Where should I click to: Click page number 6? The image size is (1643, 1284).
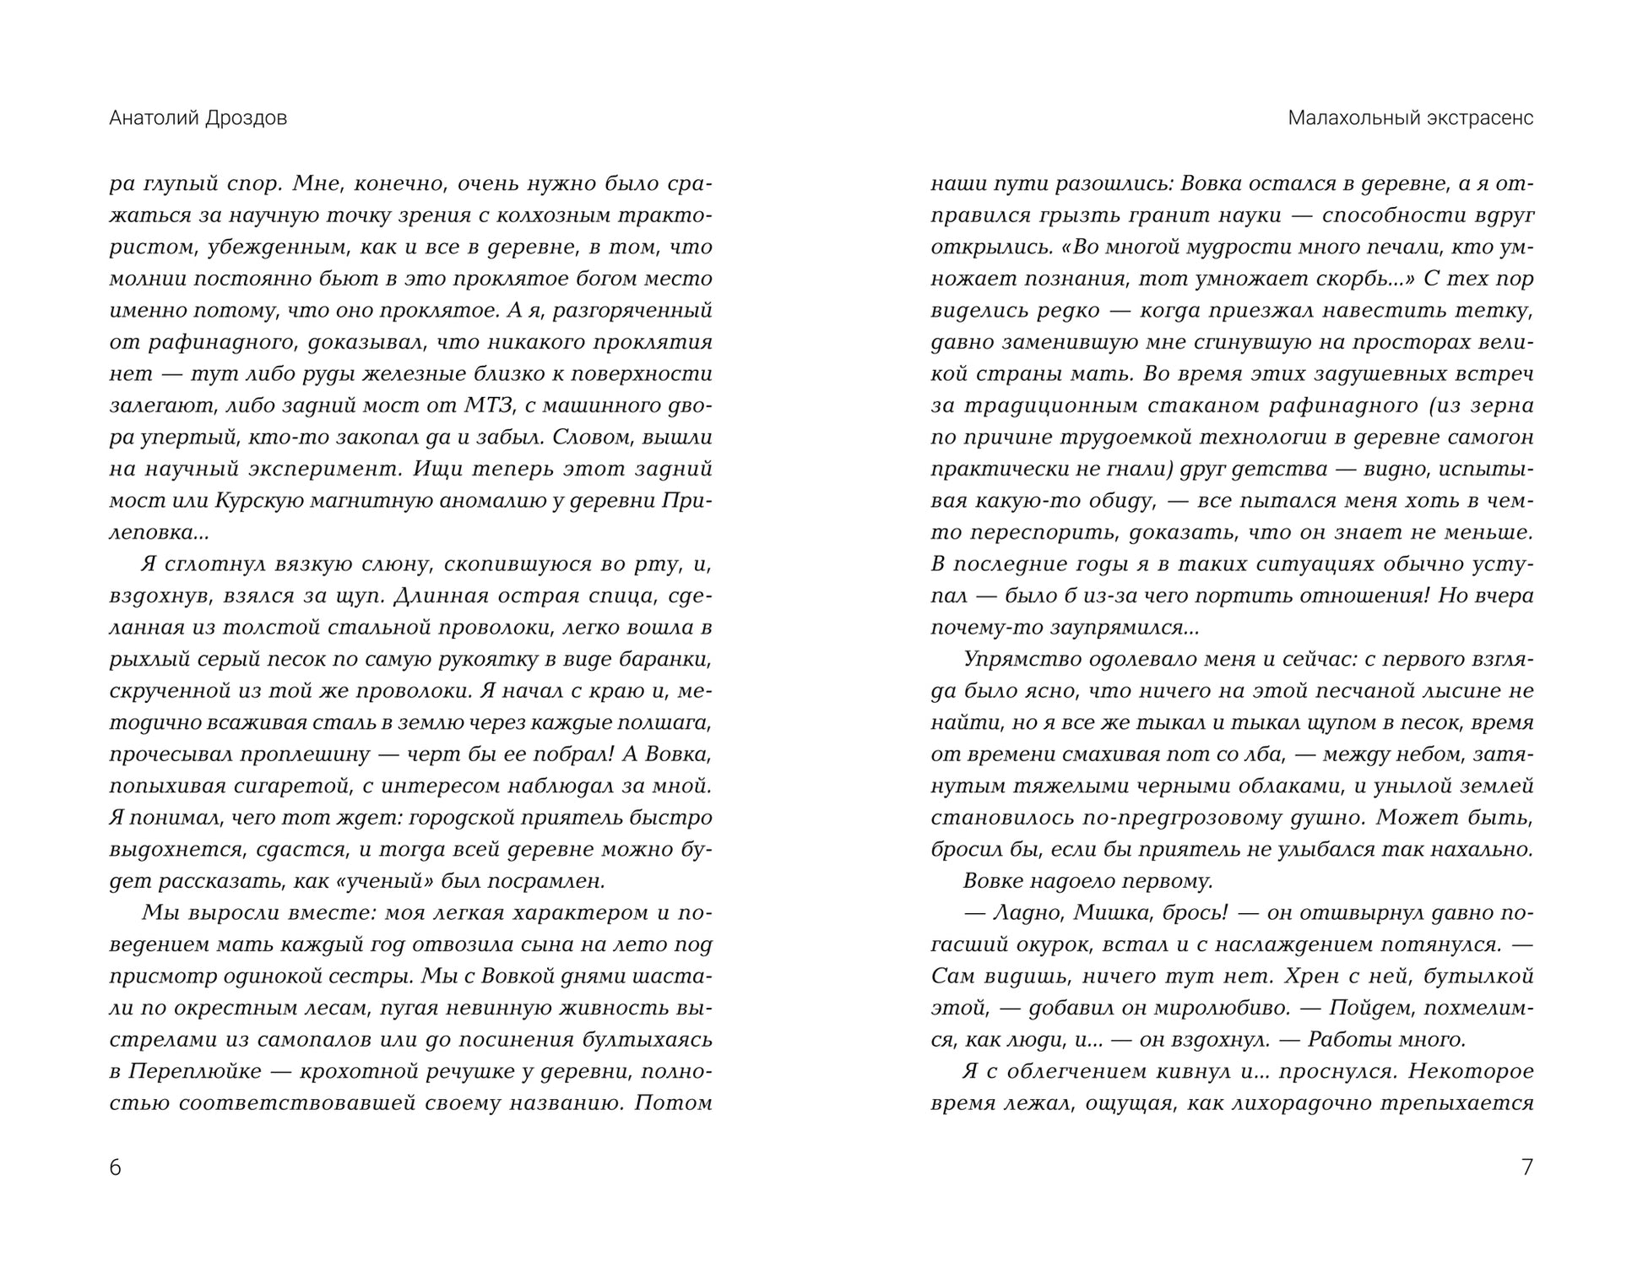116,1167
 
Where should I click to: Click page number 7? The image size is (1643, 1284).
1526,1167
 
